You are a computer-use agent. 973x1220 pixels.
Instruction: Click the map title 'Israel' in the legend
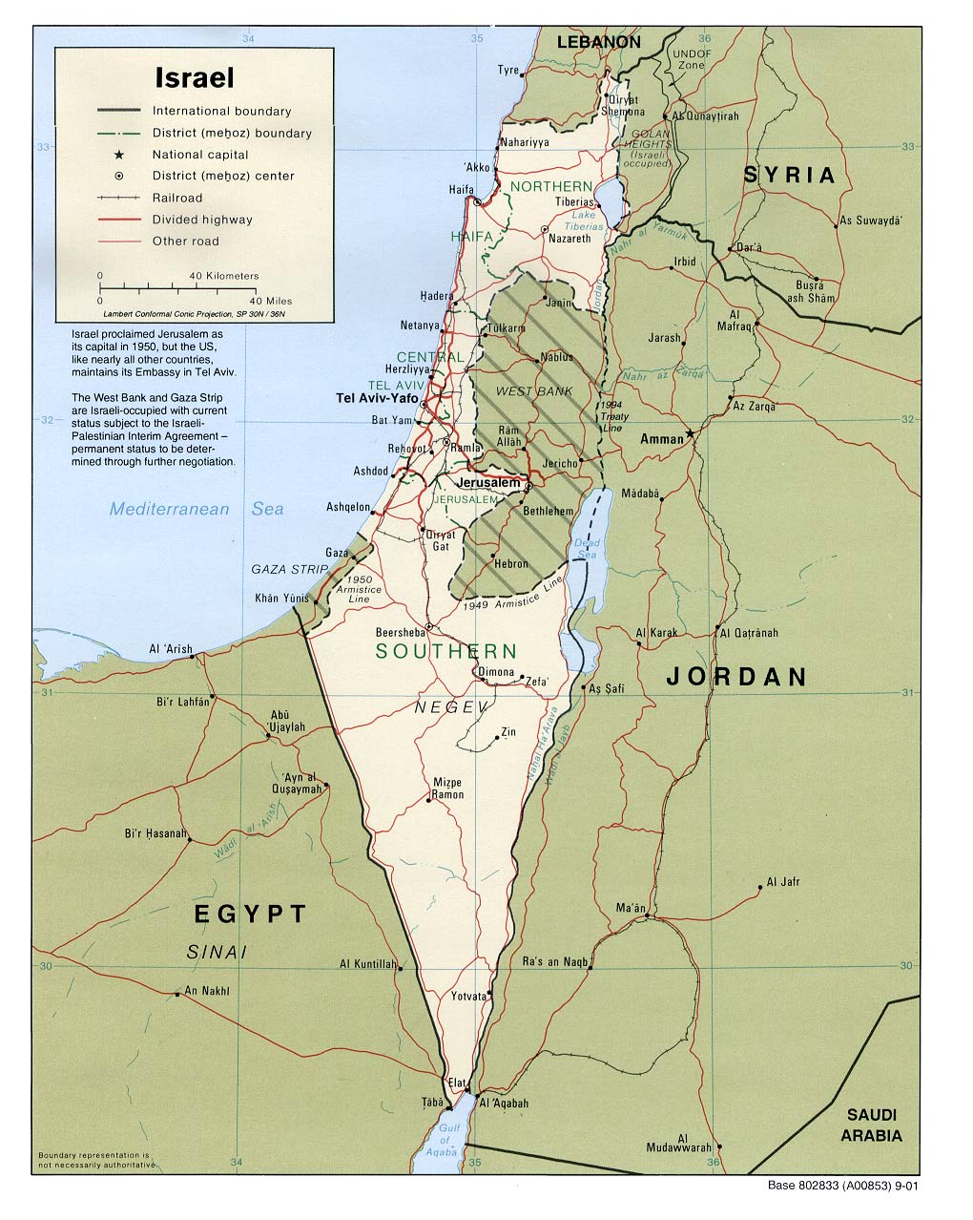[195, 77]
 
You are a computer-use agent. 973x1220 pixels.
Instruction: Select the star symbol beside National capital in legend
[118, 155]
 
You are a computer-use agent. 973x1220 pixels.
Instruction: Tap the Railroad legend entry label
[177, 198]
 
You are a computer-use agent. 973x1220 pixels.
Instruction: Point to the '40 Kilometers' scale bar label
[224, 276]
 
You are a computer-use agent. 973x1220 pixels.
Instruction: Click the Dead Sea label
[586, 549]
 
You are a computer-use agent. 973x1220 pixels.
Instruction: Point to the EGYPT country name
[250, 915]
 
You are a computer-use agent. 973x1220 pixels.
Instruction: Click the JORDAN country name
[736, 677]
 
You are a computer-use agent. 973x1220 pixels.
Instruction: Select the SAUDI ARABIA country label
[870, 1125]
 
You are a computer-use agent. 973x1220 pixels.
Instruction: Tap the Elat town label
[457, 1083]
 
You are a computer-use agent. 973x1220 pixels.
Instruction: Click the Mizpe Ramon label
[447, 788]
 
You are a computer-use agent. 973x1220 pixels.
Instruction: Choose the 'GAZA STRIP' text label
[289, 569]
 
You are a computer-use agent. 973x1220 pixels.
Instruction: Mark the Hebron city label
[511, 563]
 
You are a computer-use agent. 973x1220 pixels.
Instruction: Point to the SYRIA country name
[789, 175]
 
